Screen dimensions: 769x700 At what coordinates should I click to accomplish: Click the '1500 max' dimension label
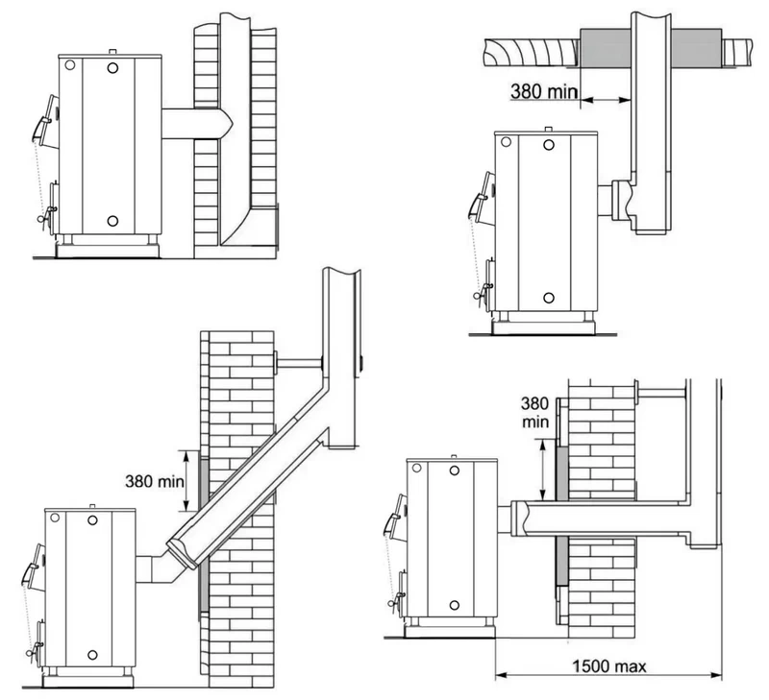609,665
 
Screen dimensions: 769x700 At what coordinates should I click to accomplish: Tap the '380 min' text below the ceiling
544,91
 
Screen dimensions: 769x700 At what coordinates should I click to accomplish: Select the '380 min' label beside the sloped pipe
155,481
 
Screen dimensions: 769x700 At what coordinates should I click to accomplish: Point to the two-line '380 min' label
534,413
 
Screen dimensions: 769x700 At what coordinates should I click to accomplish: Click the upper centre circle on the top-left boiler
112,68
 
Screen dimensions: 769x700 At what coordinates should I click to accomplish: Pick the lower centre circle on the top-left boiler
112,221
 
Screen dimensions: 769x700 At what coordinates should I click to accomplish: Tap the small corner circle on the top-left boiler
70,64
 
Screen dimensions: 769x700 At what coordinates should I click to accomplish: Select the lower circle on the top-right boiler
549,298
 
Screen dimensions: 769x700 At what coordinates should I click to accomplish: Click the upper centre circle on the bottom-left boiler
92,520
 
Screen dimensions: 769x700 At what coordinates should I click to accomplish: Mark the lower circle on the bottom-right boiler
455,606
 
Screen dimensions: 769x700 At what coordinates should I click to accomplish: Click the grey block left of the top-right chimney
606,48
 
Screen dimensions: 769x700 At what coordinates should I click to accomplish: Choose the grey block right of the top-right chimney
696,48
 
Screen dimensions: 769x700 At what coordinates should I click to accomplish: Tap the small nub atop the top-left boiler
112,52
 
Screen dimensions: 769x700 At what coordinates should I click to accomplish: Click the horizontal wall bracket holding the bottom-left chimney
297,364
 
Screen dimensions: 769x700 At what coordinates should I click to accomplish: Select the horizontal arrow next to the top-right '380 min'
606,101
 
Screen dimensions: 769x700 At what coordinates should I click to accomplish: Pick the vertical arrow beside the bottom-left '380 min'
186,481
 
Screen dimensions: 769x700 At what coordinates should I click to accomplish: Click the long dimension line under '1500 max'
608,676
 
